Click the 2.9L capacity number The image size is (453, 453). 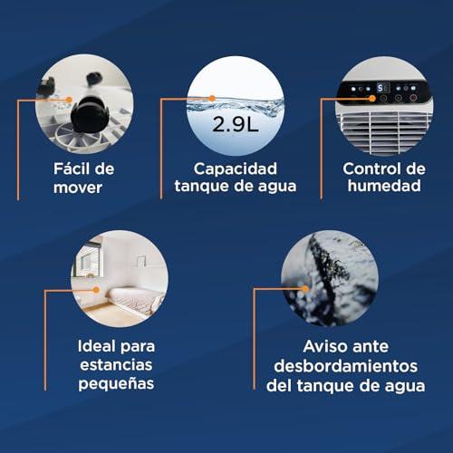pos(236,124)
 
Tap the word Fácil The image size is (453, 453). pos(72,169)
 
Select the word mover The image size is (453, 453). pos(78,188)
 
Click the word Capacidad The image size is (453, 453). pos(236,169)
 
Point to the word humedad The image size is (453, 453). pos(384,185)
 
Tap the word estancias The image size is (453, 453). pos(116,365)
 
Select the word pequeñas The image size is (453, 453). pos(116,383)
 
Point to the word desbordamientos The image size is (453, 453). pos(346,366)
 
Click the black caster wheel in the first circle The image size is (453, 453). pos(88,115)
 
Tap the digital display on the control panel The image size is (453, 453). pos(383,88)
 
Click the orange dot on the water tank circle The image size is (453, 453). pos(212,99)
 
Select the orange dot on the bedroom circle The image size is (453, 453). pos(96,290)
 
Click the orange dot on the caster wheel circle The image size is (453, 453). pos(69,100)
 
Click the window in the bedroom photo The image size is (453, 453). pos(87,260)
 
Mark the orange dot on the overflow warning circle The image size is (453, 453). pos(305,289)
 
